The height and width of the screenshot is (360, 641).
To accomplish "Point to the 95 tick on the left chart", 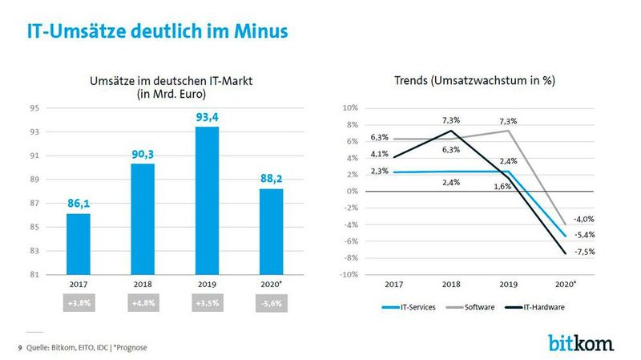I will point(34,108).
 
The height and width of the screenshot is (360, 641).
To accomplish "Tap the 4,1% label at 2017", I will point(379,154).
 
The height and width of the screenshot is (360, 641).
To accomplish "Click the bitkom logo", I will point(581,343).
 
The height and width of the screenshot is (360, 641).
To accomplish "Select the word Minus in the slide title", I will point(257,32).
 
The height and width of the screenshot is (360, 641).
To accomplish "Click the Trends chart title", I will point(475,81).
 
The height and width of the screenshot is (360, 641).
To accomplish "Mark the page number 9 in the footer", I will point(20,346).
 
